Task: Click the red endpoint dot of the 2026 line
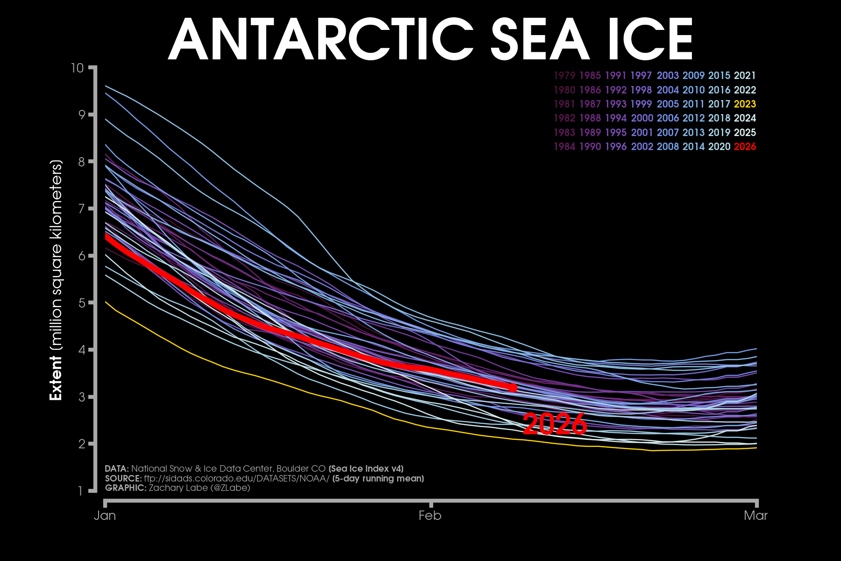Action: [x=513, y=388]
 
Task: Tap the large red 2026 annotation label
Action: [x=554, y=424]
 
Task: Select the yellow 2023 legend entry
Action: [x=745, y=104]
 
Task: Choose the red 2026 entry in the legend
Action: [x=745, y=146]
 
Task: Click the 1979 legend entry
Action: [x=564, y=76]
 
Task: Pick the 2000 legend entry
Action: [x=642, y=118]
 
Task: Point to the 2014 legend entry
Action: [x=693, y=146]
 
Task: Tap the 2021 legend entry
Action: [x=745, y=76]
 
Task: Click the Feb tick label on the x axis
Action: [x=430, y=515]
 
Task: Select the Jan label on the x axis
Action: [x=105, y=515]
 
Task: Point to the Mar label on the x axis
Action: [x=755, y=515]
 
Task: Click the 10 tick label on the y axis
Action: [x=77, y=68]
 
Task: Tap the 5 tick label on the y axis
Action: [x=80, y=303]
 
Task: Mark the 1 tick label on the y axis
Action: [x=80, y=491]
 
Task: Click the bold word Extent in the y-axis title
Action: [x=56, y=378]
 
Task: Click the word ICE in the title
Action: [x=650, y=40]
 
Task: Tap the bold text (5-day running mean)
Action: [x=378, y=478]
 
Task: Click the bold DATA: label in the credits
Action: [x=117, y=468]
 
